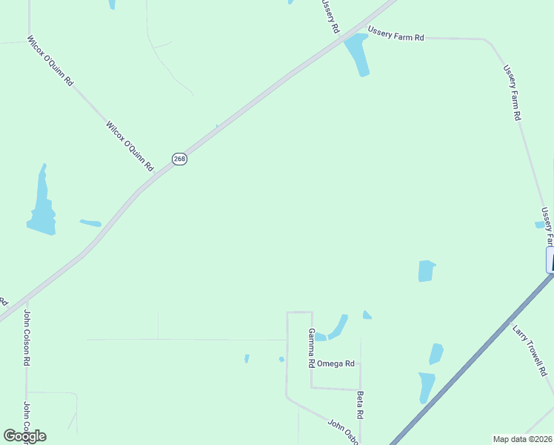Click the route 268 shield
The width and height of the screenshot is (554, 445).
[x=179, y=159]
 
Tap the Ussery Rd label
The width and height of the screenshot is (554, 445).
[x=330, y=16]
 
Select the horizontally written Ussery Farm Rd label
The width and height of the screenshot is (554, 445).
[x=396, y=36]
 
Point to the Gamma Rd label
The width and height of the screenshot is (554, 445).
[x=312, y=348]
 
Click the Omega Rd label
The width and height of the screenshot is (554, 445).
[x=336, y=363]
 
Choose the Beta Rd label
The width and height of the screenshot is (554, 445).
[x=361, y=405]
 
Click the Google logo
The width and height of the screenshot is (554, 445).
[x=24, y=436]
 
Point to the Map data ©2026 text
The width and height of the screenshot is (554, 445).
[x=521, y=439]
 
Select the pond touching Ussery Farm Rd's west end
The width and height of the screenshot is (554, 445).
[x=356, y=53]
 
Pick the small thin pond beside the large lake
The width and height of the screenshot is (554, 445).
[x=90, y=222]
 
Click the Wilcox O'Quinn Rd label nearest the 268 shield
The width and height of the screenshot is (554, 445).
[x=130, y=146]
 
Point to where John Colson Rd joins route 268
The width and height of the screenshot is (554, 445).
[x=26, y=298]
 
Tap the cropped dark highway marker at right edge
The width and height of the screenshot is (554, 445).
[x=550, y=260]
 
